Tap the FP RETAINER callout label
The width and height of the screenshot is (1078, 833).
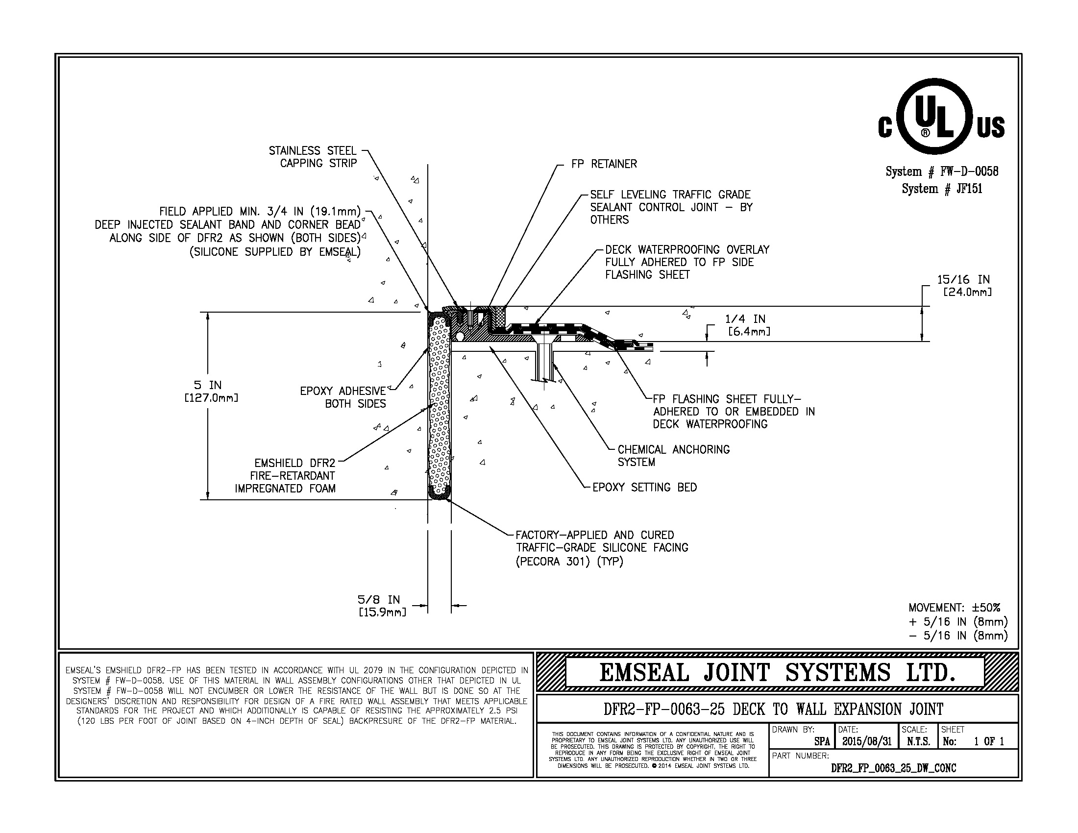tap(604, 164)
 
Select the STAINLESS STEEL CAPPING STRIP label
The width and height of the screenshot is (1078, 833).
tap(313, 157)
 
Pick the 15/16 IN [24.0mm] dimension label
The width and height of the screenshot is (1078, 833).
tap(963, 285)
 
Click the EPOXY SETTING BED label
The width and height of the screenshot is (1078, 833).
tap(644, 488)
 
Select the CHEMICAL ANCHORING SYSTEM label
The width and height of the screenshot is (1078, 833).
tap(673, 456)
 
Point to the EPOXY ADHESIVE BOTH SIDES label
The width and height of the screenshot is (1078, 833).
tap(343, 397)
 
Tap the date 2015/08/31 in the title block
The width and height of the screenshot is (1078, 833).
tap(866, 742)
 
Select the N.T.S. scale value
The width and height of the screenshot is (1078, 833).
tap(918, 742)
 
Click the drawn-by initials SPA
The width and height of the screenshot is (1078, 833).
tap(821, 742)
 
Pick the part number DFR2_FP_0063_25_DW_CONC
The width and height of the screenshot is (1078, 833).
tap(893, 768)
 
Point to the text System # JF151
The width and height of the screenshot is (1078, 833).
tap(942, 189)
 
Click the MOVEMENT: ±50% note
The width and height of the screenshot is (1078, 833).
tap(954, 608)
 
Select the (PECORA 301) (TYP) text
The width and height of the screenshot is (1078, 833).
tap(569, 562)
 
